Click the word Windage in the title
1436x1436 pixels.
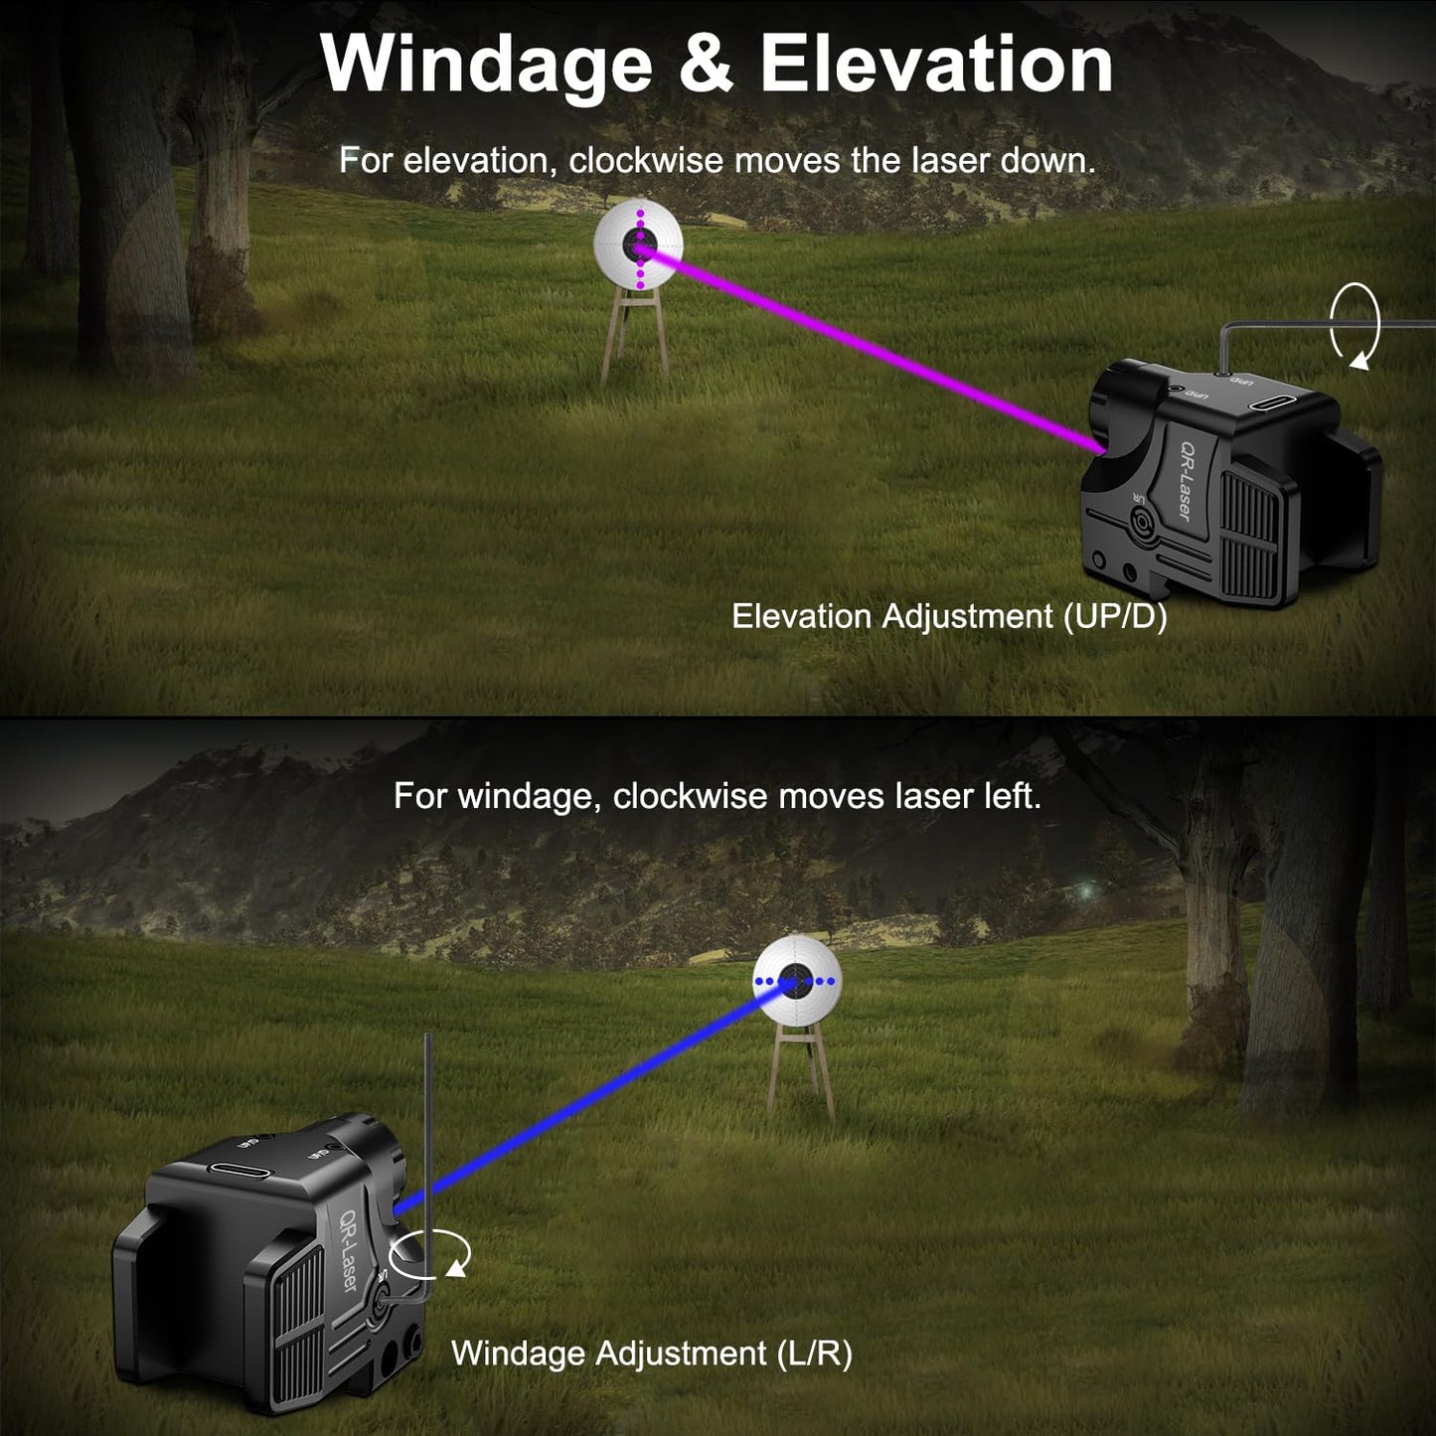(x=485, y=66)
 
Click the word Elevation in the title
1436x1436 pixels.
(x=935, y=66)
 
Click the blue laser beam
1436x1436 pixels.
(x=596, y=1093)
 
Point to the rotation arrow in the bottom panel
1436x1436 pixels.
(x=429, y=1254)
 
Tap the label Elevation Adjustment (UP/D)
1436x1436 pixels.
(x=949, y=616)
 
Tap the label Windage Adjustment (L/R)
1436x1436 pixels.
(x=652, y=1354)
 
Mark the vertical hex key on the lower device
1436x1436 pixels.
(x=428, y=1143)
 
